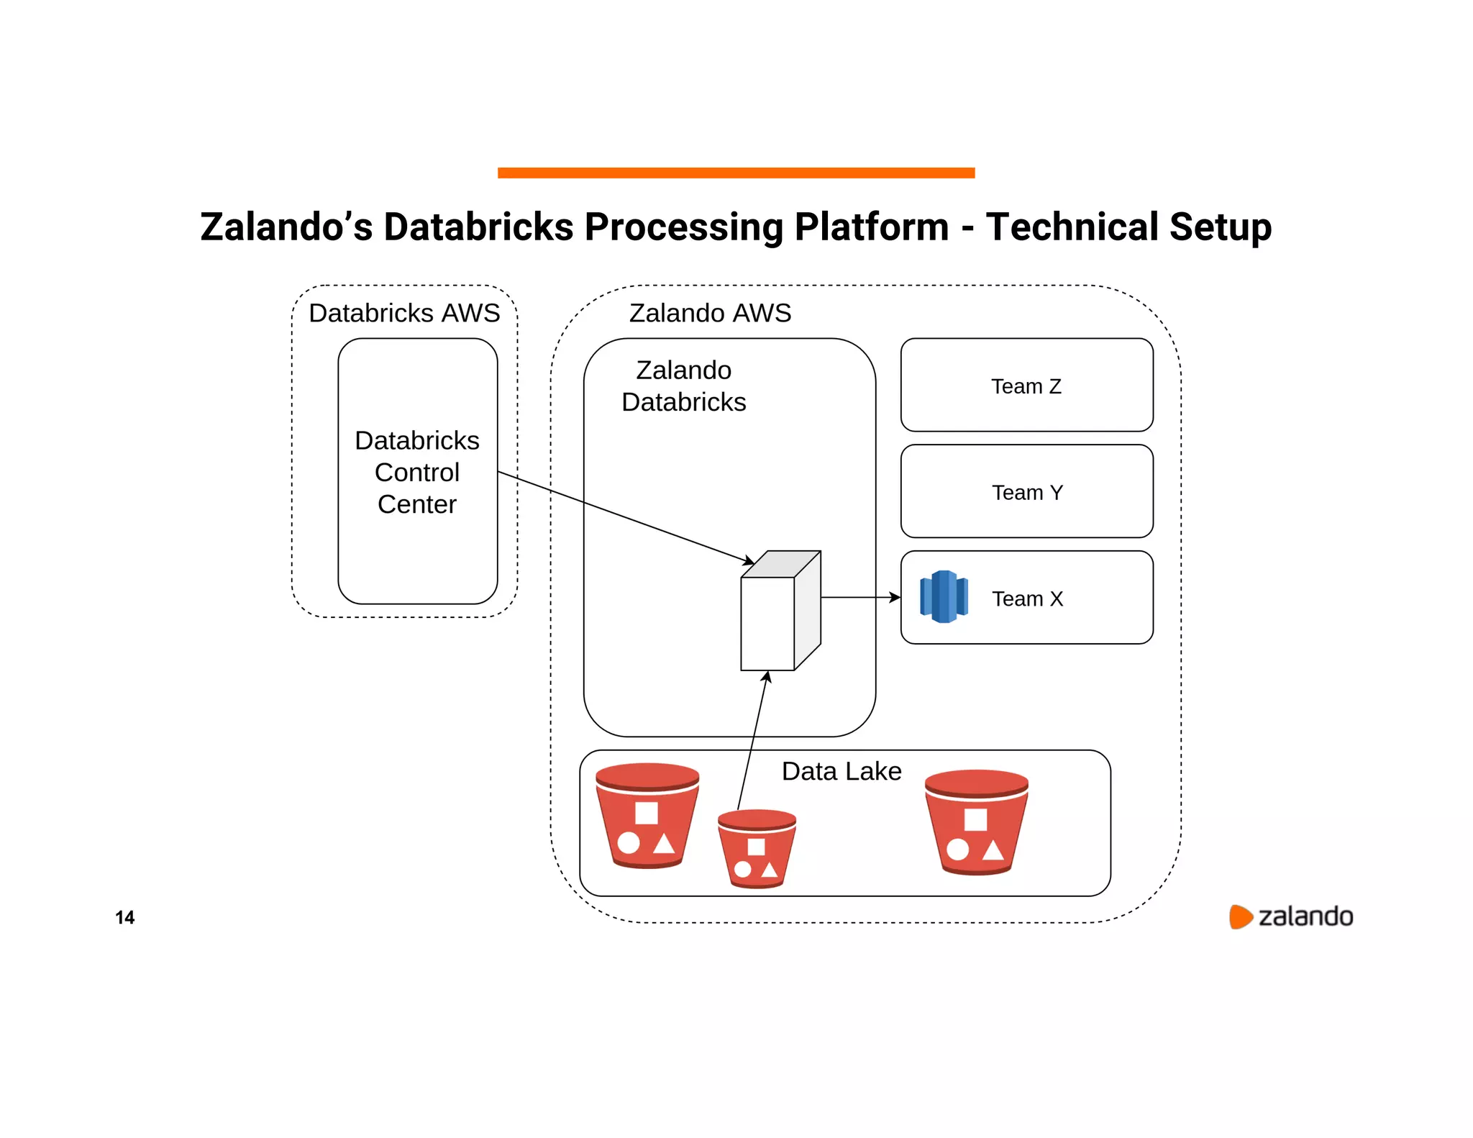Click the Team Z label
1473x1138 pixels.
pyautogui.click(x=1026, y=386)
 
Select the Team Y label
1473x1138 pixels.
pyautogui.click(x=1026, y=493)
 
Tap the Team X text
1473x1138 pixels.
pyautogui.click(x=1027, y=598)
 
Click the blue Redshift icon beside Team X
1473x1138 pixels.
pyautogui.click(x=944, y=596)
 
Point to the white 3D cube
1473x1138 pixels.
pyautogui.click(x=780, y=611)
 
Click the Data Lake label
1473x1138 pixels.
pyautogui.click(x=841, y=771)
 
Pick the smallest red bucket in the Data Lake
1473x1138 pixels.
pyautogui.click(x=757, y=849)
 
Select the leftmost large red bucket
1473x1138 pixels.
pyautogui.click(x=647, y=816)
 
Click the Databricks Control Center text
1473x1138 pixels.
pyautogui.click(x=417, y=472)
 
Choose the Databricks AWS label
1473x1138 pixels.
pyautogui.click(x=404, y=313)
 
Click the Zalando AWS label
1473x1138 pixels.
pyautogui.click(x=710, y=313)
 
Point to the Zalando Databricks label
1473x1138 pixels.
pyautogui.click(x=683, y=386)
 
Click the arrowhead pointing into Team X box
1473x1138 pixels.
pyautogui.click(x=895, y=597)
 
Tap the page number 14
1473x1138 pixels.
pyautogui.click(x=124, y=917)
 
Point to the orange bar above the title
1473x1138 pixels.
pyautogui.click(x=736, y=173)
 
